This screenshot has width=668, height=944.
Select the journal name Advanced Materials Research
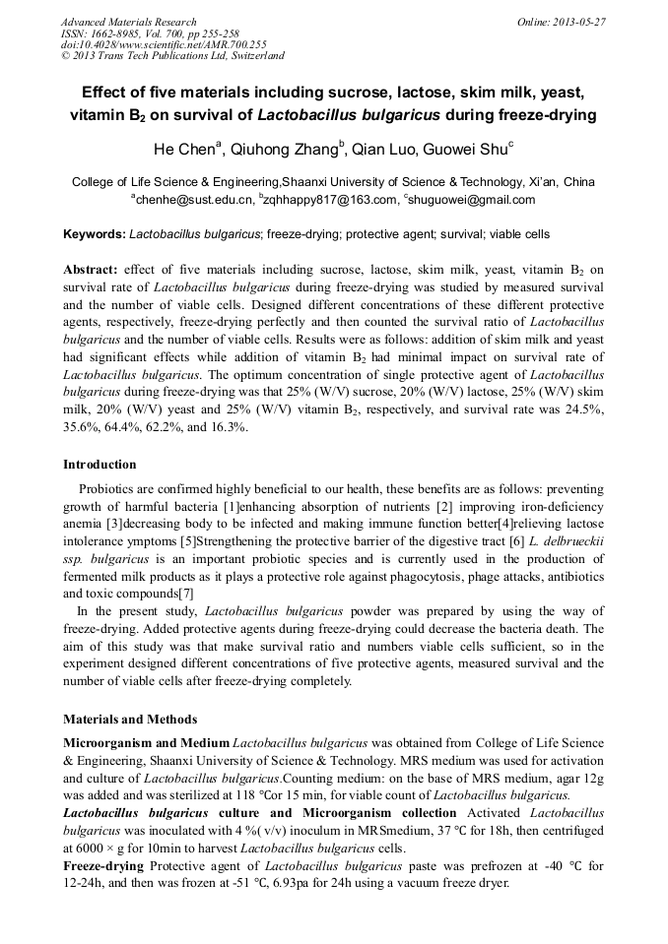click(x=128, y=22)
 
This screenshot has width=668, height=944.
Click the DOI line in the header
click(x=164, y=44)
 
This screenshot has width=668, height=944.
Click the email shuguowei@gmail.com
click(x=472, y=200)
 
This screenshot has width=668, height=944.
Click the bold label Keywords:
click(x=95, y=234)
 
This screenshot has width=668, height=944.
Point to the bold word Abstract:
click(x=91, y=268)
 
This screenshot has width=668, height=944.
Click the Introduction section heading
click(x=100, y=465)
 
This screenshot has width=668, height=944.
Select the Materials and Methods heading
click(x=130, y=719)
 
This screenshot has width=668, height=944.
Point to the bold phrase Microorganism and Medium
click(x=147, y=742)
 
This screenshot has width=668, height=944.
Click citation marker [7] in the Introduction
click(x=184, y=594)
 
